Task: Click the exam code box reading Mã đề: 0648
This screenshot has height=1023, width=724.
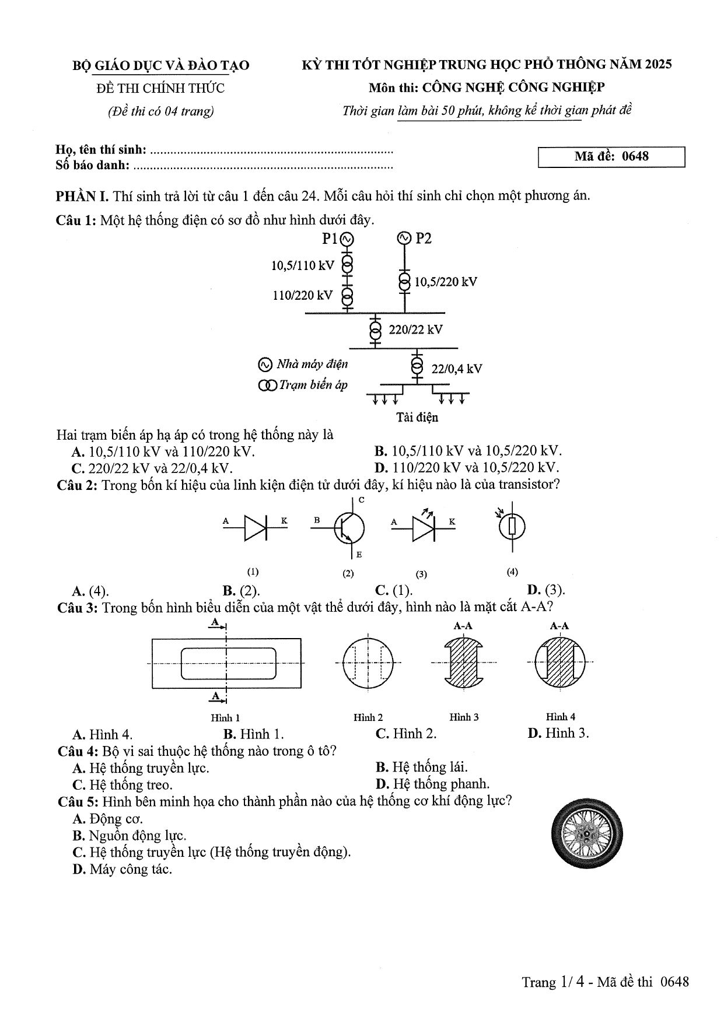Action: pyautogui.click(x=611, y=157)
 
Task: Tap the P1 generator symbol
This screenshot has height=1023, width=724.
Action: pyautogui.click(x=347, y=239)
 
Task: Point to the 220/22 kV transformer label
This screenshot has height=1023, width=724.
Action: pyautogui.click(x=415, y=330)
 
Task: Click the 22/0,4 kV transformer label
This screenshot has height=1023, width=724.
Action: pyautogui.click(x=456, y=369)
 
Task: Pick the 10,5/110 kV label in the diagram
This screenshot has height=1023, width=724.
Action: pyautogui.click(x=303, y=266)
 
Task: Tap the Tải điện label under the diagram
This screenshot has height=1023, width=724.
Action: pyautogui.click(x=417, y=418)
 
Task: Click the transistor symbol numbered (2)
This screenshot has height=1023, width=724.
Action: pyautogui.click(x=345, y=527)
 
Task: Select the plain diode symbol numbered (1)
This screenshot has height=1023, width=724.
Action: pyautogui.click(x=255, y=527)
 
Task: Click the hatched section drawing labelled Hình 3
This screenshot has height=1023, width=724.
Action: pyautogui.click(x=464, y=662)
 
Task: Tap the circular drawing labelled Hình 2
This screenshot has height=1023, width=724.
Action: pyautogui.click(x=368, y=662)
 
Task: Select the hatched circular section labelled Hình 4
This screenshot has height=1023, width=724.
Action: pyautogui.click(x=559, y=662)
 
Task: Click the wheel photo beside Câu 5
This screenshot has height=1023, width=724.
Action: pyautogui.click(x=586, y=833)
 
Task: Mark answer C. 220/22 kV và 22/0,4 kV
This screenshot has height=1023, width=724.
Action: pyautogui.click(x=152, y=468)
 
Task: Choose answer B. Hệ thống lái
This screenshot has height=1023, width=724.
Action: pyautogui.click(x=422, y=768)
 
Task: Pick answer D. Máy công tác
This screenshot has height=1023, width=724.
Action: pyautogui.click(x=123, y=870)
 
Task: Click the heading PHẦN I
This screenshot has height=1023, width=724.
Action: pyautogui.click(x=82, y=195)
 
